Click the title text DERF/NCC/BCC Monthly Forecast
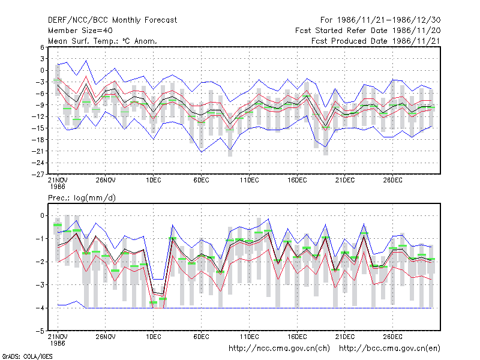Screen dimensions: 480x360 click(x=112, y=20)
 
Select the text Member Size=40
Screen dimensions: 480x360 click(x=80, y=31)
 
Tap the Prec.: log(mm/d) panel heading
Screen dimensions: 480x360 click(x=82, y=198)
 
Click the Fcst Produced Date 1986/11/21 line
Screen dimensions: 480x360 click(x=376, y=41)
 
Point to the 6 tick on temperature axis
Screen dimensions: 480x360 click(x=42, y=47)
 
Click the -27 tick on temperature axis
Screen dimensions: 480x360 click(x=38, y=174)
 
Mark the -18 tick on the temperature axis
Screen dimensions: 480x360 click(x=38, y=140)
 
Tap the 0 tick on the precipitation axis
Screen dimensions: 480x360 click(x=42, y=216)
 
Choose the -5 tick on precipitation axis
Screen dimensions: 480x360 click(x=40, y=331)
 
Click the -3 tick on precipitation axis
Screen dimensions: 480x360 click(x=40, y=285)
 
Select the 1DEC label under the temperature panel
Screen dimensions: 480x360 click(x=154, y=181)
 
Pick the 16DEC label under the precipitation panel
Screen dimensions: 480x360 click(x=297, y=337)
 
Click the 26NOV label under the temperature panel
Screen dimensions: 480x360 click(x=106, y=181)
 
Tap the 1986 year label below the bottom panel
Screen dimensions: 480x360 click(x=58, y=343)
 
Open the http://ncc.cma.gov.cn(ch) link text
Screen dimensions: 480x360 click(x=279, y=349)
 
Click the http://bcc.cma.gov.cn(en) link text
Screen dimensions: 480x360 click(x=389, y=349)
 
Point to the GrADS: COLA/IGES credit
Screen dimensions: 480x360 click(x=27, y=356)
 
